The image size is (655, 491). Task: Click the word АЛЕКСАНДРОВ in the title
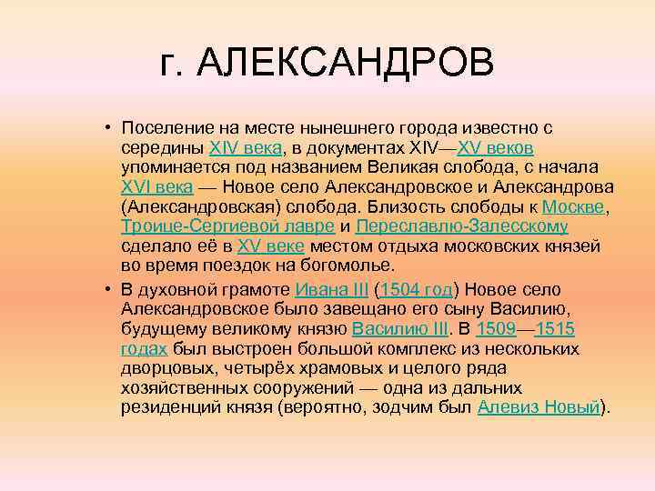tap(346, 65)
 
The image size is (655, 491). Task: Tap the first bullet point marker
tap(106, 127)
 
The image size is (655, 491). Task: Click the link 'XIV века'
tap(245, 147)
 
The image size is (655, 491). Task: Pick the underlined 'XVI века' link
tap(156, 187)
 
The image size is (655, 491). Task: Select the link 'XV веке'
tap(271, 246)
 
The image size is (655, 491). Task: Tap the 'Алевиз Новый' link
tap(539, 407)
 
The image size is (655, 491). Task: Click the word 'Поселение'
tap(168, 128)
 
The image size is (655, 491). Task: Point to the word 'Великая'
tap(399, 167)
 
